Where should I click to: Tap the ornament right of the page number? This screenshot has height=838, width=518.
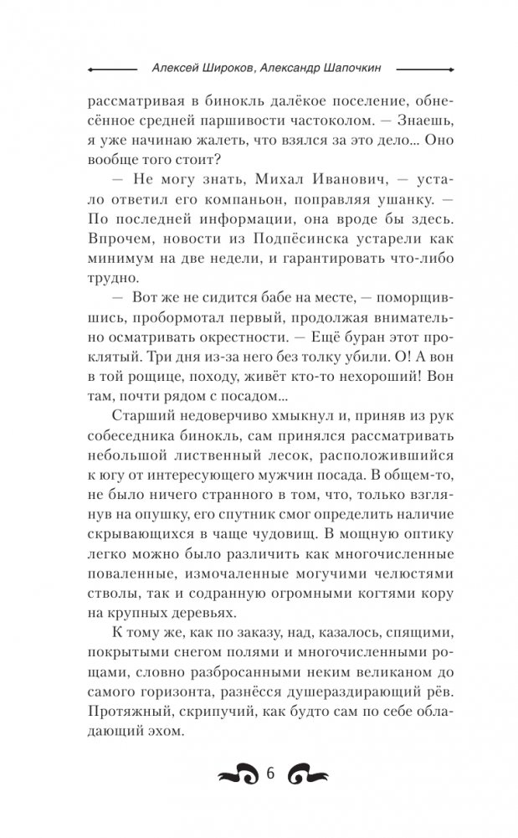point(309,774)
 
